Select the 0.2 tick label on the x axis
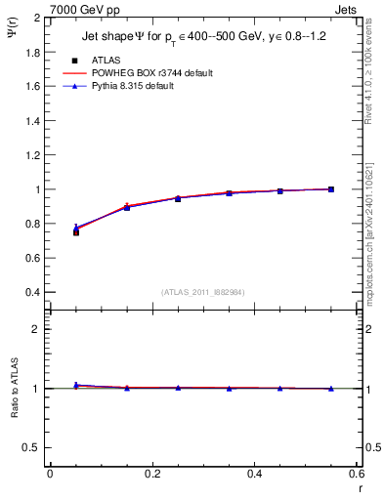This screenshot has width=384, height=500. [151, 475]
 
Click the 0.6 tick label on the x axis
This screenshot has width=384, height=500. [356, 475]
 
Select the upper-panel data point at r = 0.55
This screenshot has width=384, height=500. [331, 189]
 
